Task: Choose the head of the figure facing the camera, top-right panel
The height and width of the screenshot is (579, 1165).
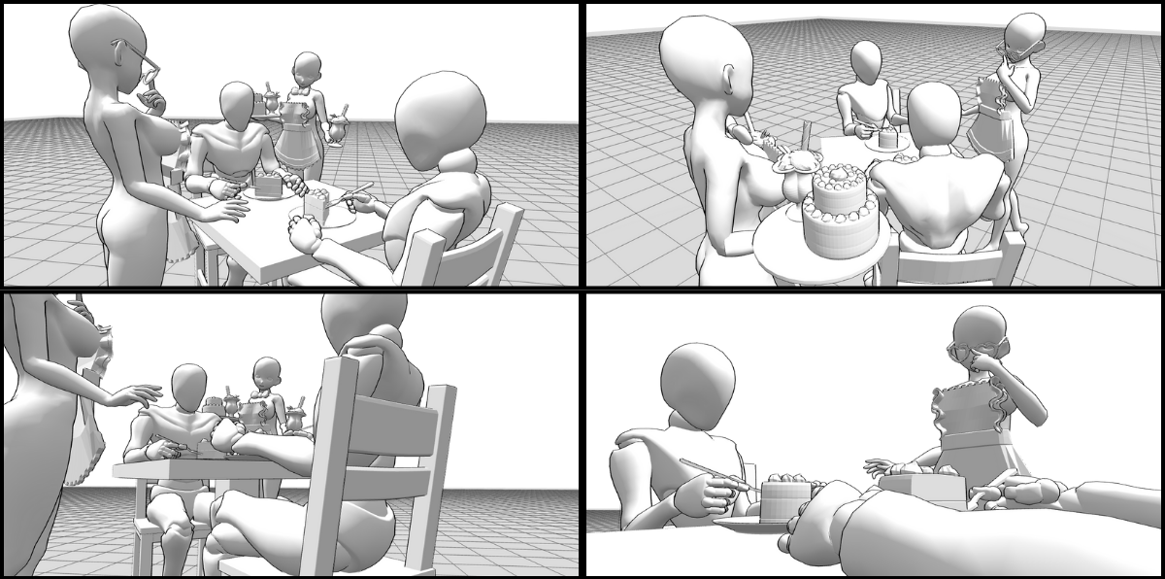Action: pyautogui.click(x=866, y=62)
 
